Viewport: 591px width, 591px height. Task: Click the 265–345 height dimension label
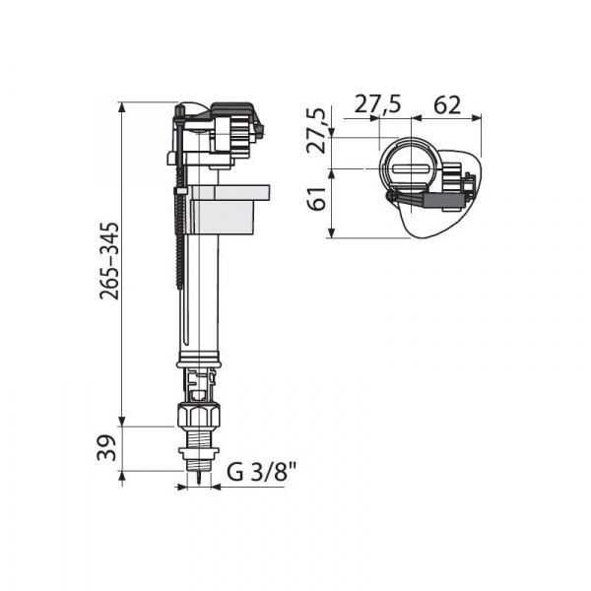[109, 261]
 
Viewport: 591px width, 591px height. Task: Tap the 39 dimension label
[106, 448]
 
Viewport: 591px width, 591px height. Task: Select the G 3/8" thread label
[262, 472]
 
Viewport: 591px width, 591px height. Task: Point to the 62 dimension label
[447, 105]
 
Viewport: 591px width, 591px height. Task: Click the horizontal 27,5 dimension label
[377, 104]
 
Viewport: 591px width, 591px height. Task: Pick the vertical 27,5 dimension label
[316, 130]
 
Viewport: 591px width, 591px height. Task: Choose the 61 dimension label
[316, 199]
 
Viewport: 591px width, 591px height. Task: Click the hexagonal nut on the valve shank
[198, 416]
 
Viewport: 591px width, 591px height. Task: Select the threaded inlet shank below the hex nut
[198, 438]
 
